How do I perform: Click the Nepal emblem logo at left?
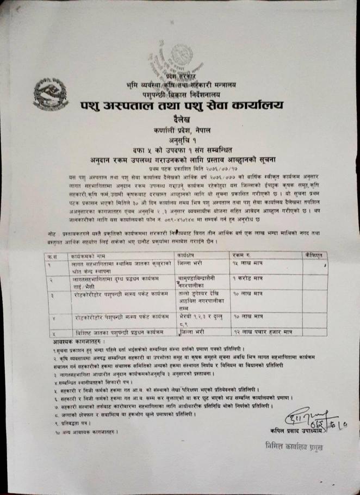pos(51,94)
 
